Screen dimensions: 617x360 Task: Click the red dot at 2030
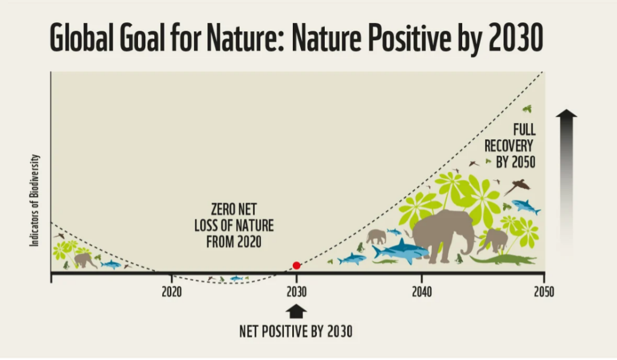[296, 265]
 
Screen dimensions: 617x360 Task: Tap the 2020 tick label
[172, 292]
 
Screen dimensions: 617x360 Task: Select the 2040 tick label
[422, 292]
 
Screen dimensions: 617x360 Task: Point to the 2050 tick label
[544, 292]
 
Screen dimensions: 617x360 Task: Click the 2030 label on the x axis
[296, 292]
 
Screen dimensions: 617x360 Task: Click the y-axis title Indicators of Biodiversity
[34, 200]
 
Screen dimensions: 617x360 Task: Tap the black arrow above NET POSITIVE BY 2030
[296, 311]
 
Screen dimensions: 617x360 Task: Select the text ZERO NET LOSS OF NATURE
[234, 217]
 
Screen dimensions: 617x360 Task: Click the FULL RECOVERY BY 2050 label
[510, 146]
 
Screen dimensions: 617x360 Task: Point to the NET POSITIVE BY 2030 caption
[296, 331]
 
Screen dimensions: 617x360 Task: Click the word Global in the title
[81, 37]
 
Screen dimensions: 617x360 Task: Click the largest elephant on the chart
[443, 236]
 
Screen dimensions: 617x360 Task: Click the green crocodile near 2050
[503, 259]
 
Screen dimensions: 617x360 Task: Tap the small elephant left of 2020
[84, 261]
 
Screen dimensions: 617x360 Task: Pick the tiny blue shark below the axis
[236, 279]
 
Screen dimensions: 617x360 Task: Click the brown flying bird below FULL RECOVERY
[516, 186]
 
